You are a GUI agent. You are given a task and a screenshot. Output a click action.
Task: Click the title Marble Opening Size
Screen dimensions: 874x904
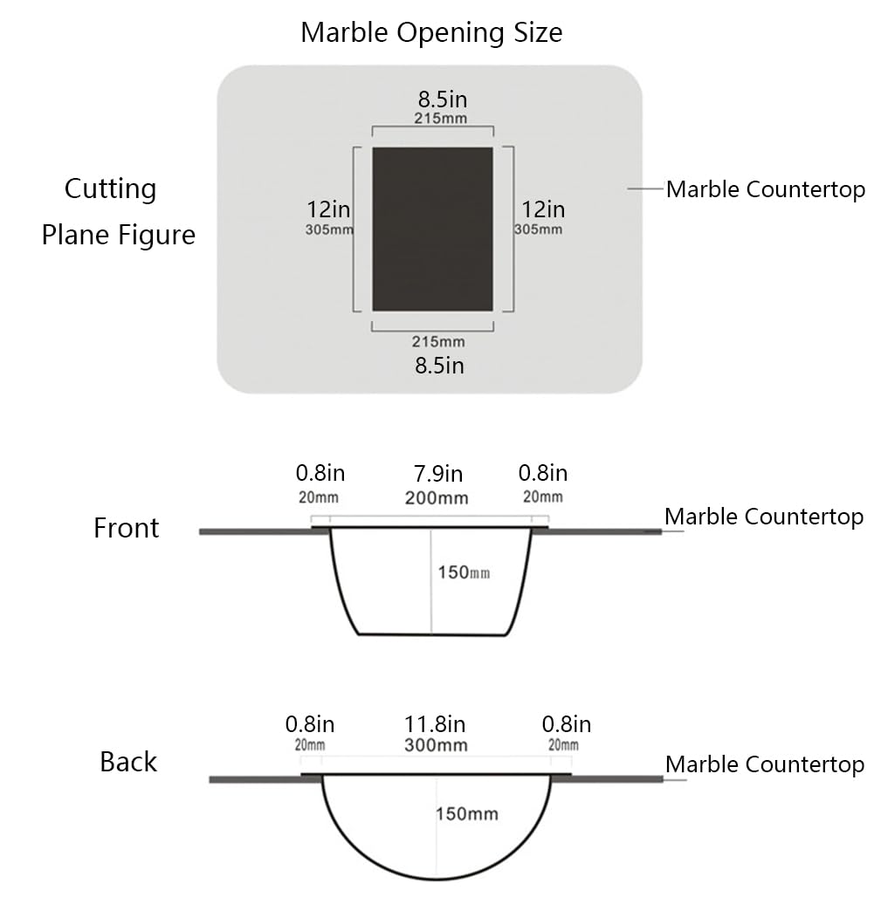pyautogui.click(x=431, y=32)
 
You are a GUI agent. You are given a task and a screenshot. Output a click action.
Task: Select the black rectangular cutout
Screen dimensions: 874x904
pyautogui.click(x=433, y=229)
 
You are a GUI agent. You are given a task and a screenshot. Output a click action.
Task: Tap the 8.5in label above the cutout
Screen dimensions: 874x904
pyautogui.click(x=443, y=99)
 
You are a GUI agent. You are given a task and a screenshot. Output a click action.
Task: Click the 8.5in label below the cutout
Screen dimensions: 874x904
pyautogui.click(x=439, y=366)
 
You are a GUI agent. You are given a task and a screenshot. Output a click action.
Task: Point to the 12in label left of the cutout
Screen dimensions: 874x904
pyautogui.click(x=328, y=209)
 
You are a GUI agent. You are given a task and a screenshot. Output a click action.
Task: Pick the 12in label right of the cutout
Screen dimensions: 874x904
pyautogui.click(x=543, y=209)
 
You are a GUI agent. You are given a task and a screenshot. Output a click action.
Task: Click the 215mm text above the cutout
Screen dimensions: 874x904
pyautogui.click(x=441, y=118)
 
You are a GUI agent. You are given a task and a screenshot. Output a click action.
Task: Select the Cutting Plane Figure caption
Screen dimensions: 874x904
pyautogui.click(x=118, y=211)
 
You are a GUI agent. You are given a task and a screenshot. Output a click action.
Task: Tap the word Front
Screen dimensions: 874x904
pyautogui.click(x=127, y=528)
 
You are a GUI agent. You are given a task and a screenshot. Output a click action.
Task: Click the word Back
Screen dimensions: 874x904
pyautogui.click(x=128, y=762)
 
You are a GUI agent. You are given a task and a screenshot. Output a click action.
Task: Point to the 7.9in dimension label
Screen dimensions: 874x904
pyautogui.click(x=438, y=474)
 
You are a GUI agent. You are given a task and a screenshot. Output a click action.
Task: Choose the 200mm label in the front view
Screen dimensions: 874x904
pyautogui.click(x=437, y=497)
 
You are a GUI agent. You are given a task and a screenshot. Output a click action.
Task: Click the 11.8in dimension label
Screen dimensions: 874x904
pyautogui.click(x=435, y=724)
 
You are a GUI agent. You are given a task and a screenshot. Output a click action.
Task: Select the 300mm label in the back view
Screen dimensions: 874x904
pyautogui.click(x=437, y=745)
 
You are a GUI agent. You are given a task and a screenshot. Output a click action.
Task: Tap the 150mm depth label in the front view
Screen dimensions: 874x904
pyautogui.click(x=464, y=572)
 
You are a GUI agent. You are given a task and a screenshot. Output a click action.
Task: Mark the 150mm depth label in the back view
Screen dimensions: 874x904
pyautogui.click(x=467, y=814)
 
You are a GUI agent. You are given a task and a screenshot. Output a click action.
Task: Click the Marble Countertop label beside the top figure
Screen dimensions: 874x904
pyautogui.click(x=766, y=189)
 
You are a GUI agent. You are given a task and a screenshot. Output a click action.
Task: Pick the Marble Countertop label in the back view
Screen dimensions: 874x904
pyautogui.click(x=765, y=764)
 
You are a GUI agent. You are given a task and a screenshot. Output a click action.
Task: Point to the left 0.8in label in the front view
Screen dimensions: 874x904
pyautogui.click(x=320, y=473)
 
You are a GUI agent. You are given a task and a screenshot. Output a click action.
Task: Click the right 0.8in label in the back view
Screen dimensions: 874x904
pyautogui.click(x=567, y=724)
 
